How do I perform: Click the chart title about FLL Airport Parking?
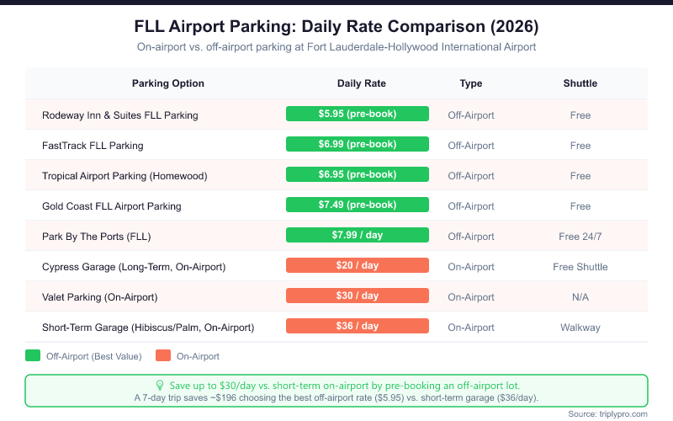(x=336, y=25)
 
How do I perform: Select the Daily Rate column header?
(x=361, y=83)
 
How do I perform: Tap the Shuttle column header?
(x=580, y=83)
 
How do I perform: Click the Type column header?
(x=471, y=83)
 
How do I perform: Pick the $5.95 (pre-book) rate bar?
(x=358, y=114)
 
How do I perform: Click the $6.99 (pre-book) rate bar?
(x=358, y=144)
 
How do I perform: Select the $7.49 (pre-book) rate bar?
(x=358, y=205)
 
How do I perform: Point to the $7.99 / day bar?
(x=358, y=235)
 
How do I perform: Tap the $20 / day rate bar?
(x=358, y=265)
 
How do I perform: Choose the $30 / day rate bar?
(x=358, y=296)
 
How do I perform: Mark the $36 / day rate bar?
(x=358, y=326)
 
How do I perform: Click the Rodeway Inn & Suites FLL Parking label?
(x=120, y=115)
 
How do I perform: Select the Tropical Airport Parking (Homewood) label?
(x=125, y=176)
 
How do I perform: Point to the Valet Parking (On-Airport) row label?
(x=100, y=297)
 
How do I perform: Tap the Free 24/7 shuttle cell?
(x=580, y=237)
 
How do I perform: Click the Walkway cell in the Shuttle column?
(x=580, y=328)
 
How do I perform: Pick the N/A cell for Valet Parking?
(x=580, y=297)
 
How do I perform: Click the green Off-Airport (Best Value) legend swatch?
(x=34, y=356)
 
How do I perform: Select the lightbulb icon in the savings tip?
(x=161, y=384)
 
